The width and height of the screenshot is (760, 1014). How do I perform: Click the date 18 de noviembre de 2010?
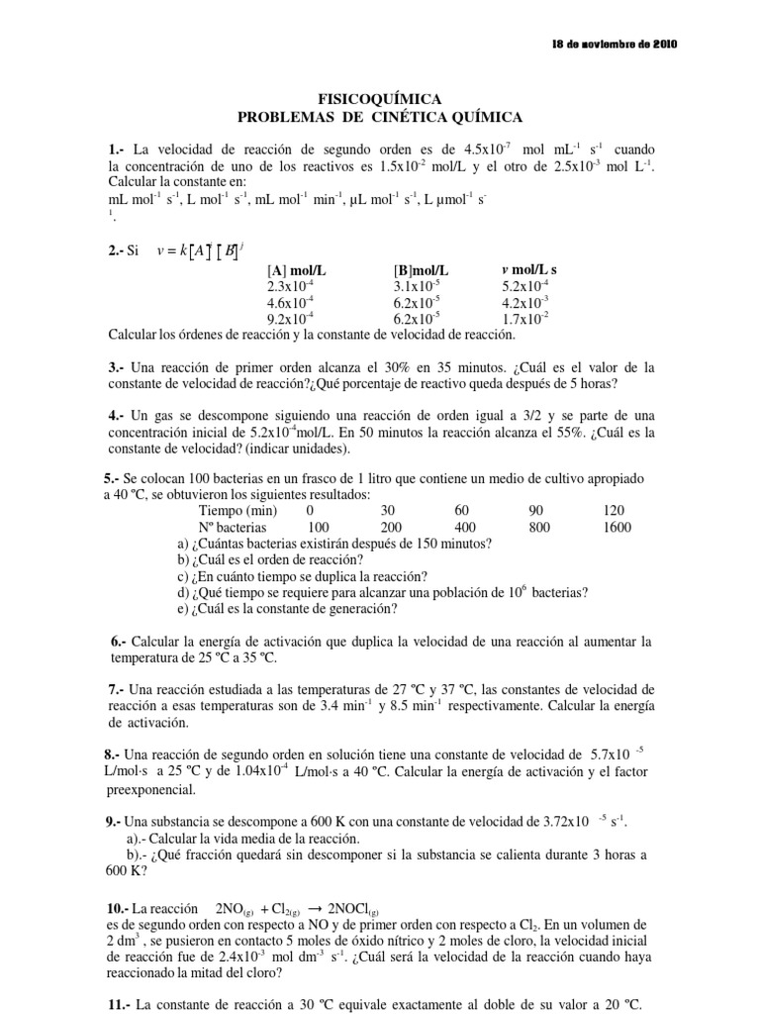615,46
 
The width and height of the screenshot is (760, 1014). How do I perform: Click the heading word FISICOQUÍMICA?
379,99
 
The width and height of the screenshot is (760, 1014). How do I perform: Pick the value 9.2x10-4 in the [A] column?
291,319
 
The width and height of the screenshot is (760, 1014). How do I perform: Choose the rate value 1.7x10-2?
525,319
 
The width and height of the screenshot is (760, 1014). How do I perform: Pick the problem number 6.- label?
120,642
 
